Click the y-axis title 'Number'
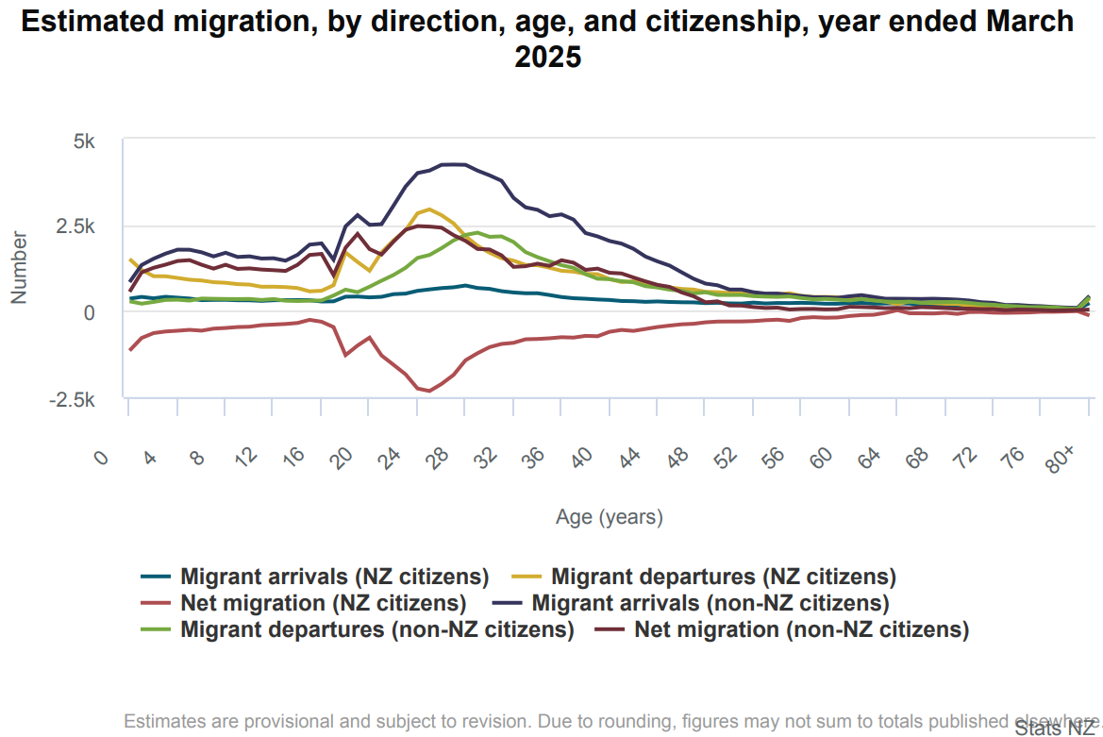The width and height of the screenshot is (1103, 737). pyautogui.click(x=18, y=267)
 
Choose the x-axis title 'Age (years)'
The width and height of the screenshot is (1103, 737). pyautogui.click(x=609, y=517)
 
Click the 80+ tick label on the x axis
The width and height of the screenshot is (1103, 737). pyautogui.click(x=1062, y=461)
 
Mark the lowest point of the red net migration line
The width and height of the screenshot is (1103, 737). pyautogui.click(x=430, y=391)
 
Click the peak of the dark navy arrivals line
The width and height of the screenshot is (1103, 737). pyautogui.click(x=454, y=164)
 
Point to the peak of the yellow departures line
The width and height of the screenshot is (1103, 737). pyautogui.click(x=429, y=209)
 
